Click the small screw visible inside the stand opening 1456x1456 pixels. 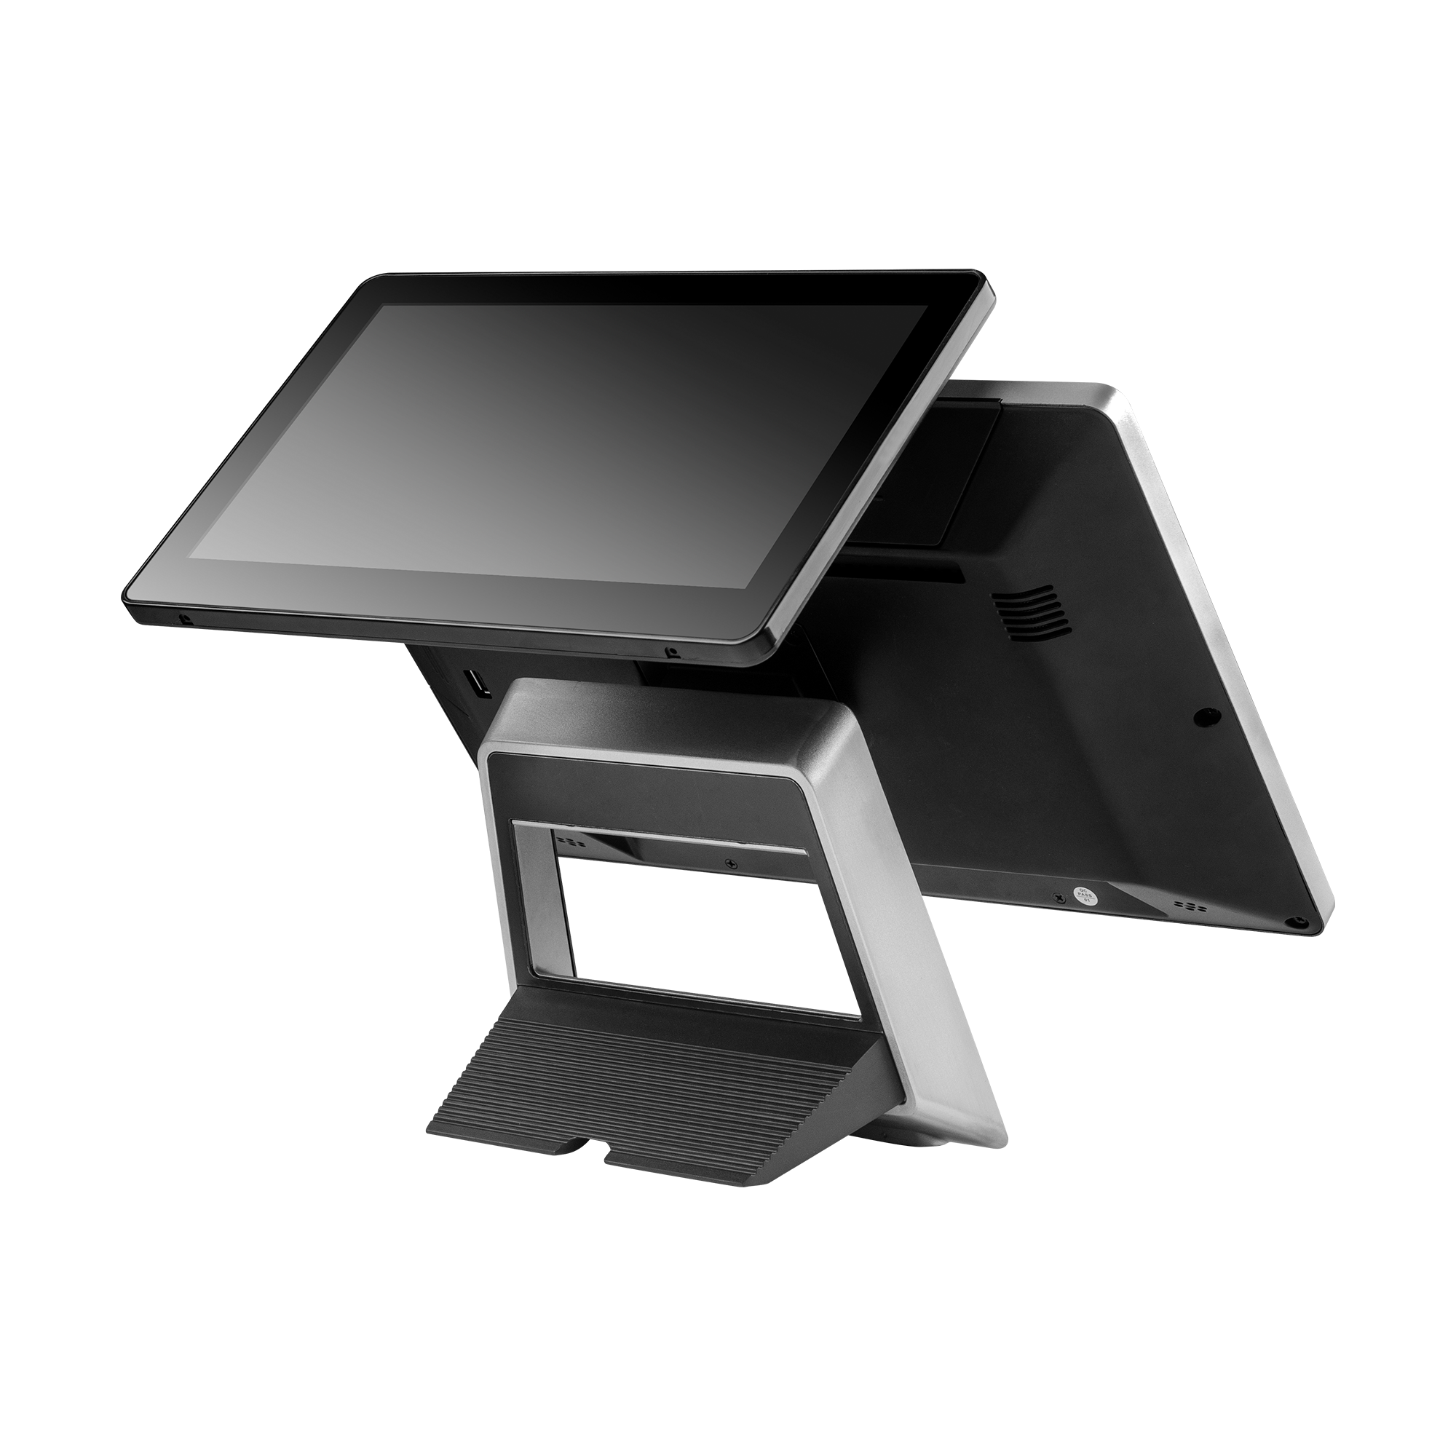click(729, 863)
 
